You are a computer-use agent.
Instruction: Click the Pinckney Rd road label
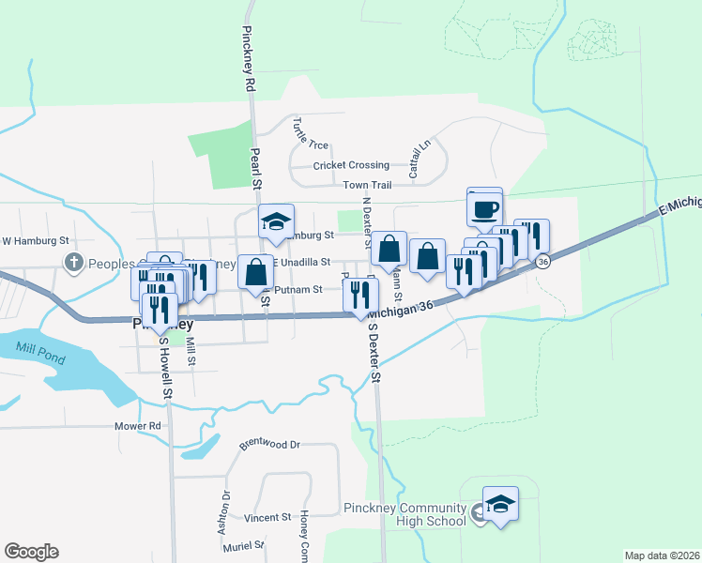pyautogui.click(x=249, y=56)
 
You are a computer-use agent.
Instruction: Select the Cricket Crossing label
pyautogui.click(x=351, y=165)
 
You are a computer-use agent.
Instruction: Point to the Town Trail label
pyautogui.click(x=366, y=186)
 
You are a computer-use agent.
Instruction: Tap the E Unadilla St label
pyautogui.click(x=301, y=264)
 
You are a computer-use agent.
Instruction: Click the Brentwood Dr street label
pyautogui.click(x=269, y=445)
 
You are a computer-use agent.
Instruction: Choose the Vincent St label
pyautogui.click(x=267, y=518)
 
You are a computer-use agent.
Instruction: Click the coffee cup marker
pyautogui.click(x=484, y=209)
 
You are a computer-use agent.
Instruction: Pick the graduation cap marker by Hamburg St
pyautogui.click(x=276, y=222)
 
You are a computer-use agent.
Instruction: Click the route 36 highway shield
pyautogui.click(x=543, y=263)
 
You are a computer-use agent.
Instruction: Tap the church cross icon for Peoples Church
pyautogui.click(x=72, y=263)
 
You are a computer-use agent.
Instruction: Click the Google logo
pyautogui.click(x=31, y=552)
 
